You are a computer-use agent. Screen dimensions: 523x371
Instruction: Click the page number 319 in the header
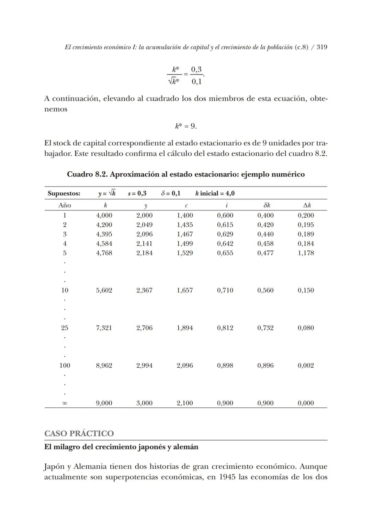[x=322, y=47]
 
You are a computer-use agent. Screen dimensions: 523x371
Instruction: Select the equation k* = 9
[x=186, y=126]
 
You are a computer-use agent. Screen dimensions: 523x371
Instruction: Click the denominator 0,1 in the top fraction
[x=196, y=81]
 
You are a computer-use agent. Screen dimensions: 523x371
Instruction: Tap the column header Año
[x=65, y=205]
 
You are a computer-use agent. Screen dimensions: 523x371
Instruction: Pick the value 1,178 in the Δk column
[x=306, y=253]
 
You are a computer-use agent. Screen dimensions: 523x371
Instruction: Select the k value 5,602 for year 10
[x=104, y=291]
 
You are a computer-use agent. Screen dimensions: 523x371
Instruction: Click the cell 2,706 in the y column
[x=144, y=328]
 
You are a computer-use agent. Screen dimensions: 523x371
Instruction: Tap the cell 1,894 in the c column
[x=185, y=328]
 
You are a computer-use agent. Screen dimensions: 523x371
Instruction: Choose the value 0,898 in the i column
[x=225, y=366]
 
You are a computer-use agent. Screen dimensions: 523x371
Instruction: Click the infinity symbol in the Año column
[x=65, y=403]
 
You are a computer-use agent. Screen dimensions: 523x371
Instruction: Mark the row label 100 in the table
[x=65, y=366]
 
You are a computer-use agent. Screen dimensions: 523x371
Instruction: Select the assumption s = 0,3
[x=137, y=193]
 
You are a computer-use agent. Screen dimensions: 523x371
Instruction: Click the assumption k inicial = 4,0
[x=215, y=193]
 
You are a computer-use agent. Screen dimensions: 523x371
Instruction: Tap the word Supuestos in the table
[x=64, y=193]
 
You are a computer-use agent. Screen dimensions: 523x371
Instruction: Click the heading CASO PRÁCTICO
[x=79, y=433]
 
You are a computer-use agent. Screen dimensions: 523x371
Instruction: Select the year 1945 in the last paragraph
[x=227, y=477]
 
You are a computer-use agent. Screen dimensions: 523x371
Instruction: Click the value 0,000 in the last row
[x=306, y=403]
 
